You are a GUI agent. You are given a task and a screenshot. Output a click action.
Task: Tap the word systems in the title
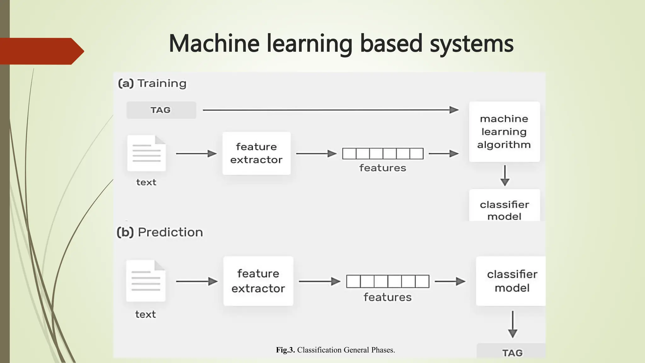coord(471,44)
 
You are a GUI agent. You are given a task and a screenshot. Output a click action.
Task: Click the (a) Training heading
coord(152,84)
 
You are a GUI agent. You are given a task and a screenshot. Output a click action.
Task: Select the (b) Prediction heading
coord(160,232)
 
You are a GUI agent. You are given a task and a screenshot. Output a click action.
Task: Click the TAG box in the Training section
coord(161,110)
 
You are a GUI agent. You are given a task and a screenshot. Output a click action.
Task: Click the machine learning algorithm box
coord(504,132)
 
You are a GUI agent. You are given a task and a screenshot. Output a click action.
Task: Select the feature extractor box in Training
coord(256,153)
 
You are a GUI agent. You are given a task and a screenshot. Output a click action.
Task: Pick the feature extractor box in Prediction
coord(258,281)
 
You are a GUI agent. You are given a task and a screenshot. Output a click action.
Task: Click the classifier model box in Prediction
coord(511,281)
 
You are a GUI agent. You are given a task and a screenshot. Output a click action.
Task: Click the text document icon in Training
coord(146,153)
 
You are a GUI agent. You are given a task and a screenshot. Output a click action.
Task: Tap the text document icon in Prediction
coord(146,281)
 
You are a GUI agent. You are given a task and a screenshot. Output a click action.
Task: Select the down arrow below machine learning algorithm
coord(505,176)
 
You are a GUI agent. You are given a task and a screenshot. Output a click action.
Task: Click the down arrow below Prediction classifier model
coord(512,324)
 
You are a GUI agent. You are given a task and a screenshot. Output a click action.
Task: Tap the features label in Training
coord(383,168)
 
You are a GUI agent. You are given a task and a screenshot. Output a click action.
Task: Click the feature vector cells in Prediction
coord(388,281)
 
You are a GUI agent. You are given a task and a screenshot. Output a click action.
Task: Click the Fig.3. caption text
coord(335,350)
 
